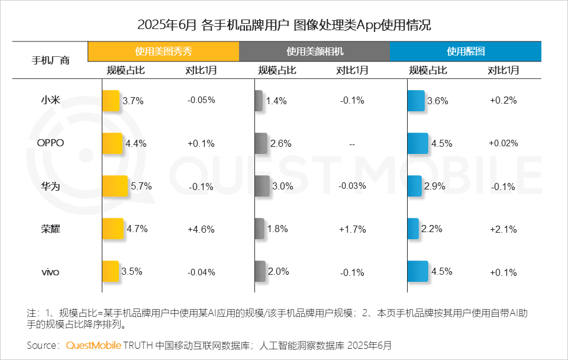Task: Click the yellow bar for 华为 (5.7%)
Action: pyautogui.click(x=115, y=186)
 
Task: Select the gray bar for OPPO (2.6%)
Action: pyautogui.click(x=261, y=143)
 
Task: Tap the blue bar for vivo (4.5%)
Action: pyautogui.click(x=418, y=272)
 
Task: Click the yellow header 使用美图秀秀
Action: pyautogui.click(x=163, y=52)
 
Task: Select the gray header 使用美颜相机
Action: pyautogui.click(x=315, y=52)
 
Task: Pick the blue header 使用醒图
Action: pyautogui.click(x=466, y=52)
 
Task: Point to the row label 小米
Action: pyautogui.click(x=50, y=100)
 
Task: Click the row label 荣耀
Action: pyautogui.click(x=50, y=229)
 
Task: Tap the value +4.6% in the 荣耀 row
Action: pyautogui.click(x=201, y=229)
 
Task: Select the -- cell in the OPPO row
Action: pyautogui.click(x=352, y=144)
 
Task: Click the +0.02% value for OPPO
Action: pyautogui.click(x=504, y=143)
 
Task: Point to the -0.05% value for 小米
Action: pyautogui.click(x=201, y=100)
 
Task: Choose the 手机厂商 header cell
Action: pyautogui.click(x=50, y=60)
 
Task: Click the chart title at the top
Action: pyautogui.click(x=284, y=25)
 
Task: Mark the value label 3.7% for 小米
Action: pyautogui.click(x=133, y=101)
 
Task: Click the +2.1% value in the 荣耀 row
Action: pyautogui.click(x=504, y=229)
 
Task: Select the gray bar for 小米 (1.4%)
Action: pyautogui.click(x=259, y=101)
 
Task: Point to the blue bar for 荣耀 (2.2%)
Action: pyautogui.click(x=412, y=229)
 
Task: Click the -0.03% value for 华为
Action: pyautogui.click(x=352, y=186)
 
